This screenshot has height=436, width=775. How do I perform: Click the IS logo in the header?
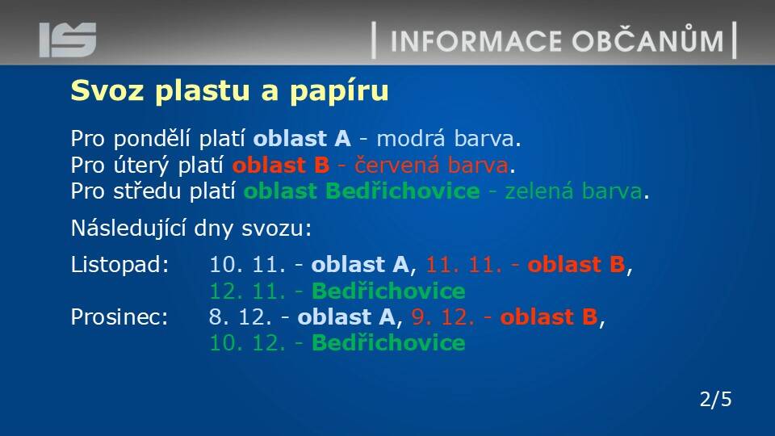(68, 40)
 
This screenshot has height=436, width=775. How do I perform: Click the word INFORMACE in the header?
(476, 41)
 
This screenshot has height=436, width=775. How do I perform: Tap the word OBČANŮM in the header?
(648, 40)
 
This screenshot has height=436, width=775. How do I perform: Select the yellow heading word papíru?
(339, 92)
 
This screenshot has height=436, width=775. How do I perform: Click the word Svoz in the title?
(107, 90)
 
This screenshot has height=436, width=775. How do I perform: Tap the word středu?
(150, 191)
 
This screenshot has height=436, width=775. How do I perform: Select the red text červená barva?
(431, 165)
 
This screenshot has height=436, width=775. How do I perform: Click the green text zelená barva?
(573, 191)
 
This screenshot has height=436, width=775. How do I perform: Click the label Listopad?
(120, 266)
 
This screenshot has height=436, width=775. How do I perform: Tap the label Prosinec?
(119, 317)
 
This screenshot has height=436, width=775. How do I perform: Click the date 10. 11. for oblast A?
(248, 265)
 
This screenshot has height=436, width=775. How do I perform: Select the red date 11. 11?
(464, 265)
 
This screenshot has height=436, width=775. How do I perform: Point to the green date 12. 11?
(248, 291)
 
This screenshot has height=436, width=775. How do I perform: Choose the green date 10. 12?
(248, 343)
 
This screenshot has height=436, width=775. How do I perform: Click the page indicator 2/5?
(716, 400)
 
